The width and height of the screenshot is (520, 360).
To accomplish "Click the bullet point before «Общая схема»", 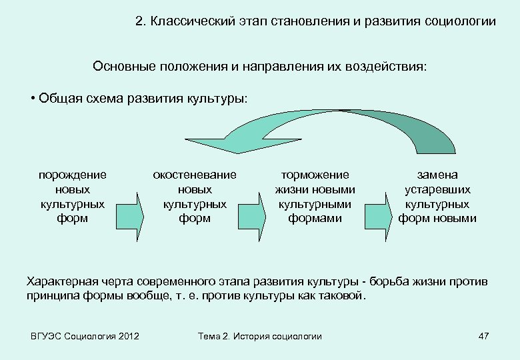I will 33,99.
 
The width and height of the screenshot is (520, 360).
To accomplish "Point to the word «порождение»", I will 73,175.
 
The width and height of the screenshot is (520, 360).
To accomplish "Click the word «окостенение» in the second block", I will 195,175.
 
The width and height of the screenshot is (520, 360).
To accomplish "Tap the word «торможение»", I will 315,175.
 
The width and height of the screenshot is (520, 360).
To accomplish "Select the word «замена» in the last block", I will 437,175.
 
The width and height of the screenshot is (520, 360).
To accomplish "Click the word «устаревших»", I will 437,190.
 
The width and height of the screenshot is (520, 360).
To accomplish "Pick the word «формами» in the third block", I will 315,218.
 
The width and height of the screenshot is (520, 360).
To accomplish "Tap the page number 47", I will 484,336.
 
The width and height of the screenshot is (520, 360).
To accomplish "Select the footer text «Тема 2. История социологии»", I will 260,336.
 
